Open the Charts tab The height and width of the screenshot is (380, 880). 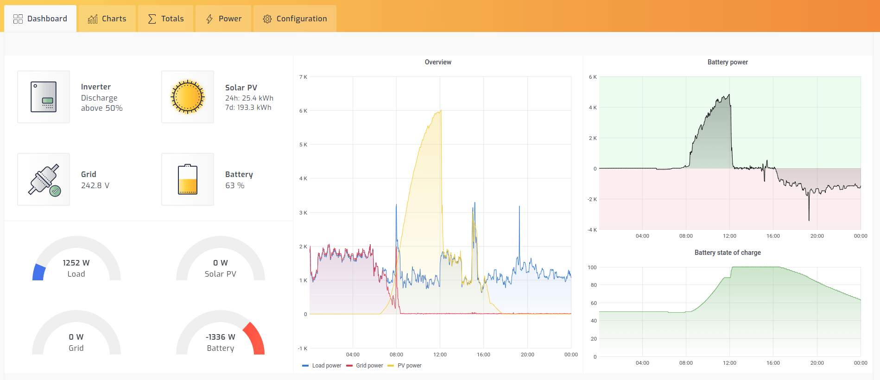[x=107, y=19]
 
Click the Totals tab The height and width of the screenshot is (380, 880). [x=166, y=19]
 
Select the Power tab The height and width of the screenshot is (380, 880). [x=223, y=19]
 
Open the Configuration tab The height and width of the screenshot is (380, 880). [x=295, y=19]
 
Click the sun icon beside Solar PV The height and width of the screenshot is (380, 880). [x=188, y=97]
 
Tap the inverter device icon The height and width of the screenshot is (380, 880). [x=44, y=97]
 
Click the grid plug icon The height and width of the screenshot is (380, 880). [x=44, y=179]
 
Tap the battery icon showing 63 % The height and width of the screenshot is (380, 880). [x=188, y=179]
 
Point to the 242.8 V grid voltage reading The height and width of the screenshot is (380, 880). [x=95, y=185]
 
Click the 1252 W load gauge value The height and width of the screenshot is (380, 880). [x=76, y=263]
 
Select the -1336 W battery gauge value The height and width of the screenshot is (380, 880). [x=220, y=337]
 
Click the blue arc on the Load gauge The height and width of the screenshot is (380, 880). [x=38, y=272]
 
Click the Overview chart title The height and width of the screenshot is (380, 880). [x=438, y=62]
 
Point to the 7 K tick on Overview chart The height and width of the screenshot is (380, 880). [x=303, y=77]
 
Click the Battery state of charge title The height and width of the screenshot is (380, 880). [x=728, y=253]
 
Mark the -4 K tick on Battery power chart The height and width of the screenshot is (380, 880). [x=592, y=230]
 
